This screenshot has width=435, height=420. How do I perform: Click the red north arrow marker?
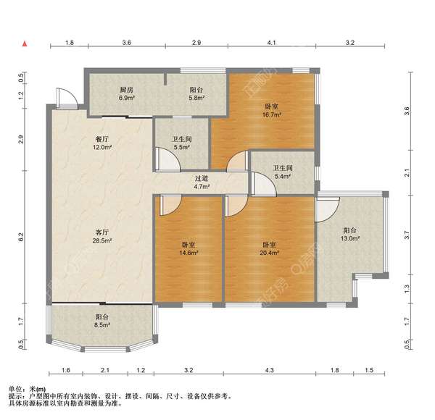[x=25, y=43]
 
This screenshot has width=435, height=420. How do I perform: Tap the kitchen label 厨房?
[x=126, y=90]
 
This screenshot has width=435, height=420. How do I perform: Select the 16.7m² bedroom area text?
[x=272, y=114]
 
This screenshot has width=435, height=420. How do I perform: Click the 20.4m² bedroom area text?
[x=269, y=253]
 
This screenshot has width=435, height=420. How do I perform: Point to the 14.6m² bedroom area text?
[x=188, y=253]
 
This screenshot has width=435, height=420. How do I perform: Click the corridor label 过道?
[x=202, y=178]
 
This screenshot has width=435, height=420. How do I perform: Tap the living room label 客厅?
[x=102, y=232]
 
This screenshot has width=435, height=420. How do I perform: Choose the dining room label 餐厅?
[x=102, y=139]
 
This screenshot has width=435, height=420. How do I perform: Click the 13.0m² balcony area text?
[x=350, y=238]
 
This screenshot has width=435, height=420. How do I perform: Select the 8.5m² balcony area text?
[x=102, y=324]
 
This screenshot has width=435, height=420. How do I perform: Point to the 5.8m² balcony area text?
[x=196, y=98]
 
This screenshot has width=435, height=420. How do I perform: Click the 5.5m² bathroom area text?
[x=182, y=147]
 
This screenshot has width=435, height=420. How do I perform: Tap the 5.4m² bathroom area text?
[x=283, y=176]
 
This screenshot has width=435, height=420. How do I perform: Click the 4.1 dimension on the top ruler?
[x=271, y=43]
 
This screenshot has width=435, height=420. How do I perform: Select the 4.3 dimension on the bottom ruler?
[x=269, y=370]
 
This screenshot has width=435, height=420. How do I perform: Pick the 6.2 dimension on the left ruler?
[x=21, y=237]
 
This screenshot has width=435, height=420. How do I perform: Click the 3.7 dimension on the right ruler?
[x=407, y=235]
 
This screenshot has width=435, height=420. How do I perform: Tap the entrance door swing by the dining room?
[x=66, y=98]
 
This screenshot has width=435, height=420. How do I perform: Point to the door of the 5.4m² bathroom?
[x=264, y=184]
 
